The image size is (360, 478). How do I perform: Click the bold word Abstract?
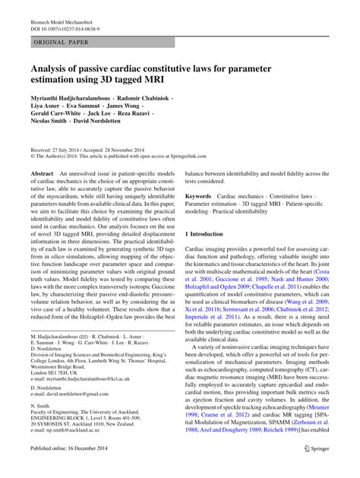(42, 174)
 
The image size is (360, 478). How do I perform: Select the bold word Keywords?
(200, 195)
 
